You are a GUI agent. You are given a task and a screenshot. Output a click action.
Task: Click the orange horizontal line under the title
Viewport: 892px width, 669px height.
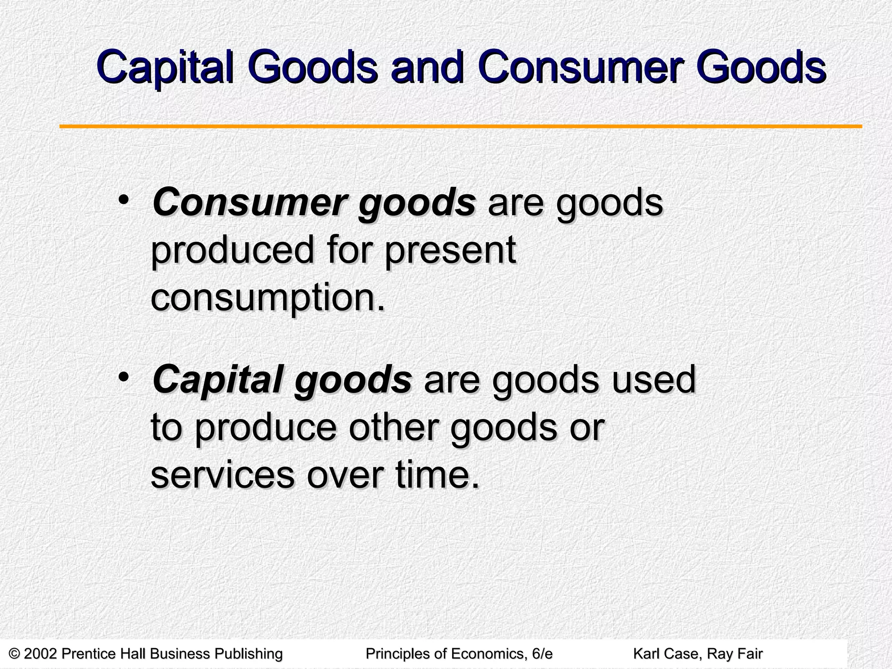pyautogui.click(x=460, y=127)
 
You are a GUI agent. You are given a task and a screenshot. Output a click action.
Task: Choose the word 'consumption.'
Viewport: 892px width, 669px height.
pyautogui.click(x=268, y=298)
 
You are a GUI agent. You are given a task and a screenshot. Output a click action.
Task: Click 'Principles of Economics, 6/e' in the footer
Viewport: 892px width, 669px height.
pyautogui.click(x=459, y=654)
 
